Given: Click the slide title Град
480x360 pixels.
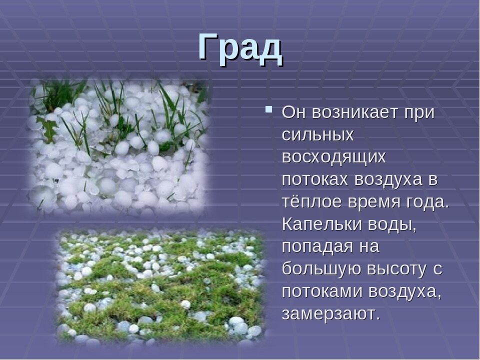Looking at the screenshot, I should [240, 47].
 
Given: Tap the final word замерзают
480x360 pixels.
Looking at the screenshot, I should [327, 314].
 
